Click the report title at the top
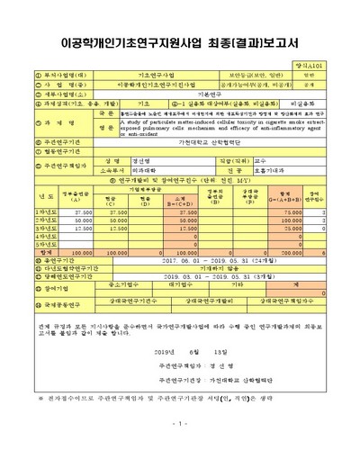(179, 42)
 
